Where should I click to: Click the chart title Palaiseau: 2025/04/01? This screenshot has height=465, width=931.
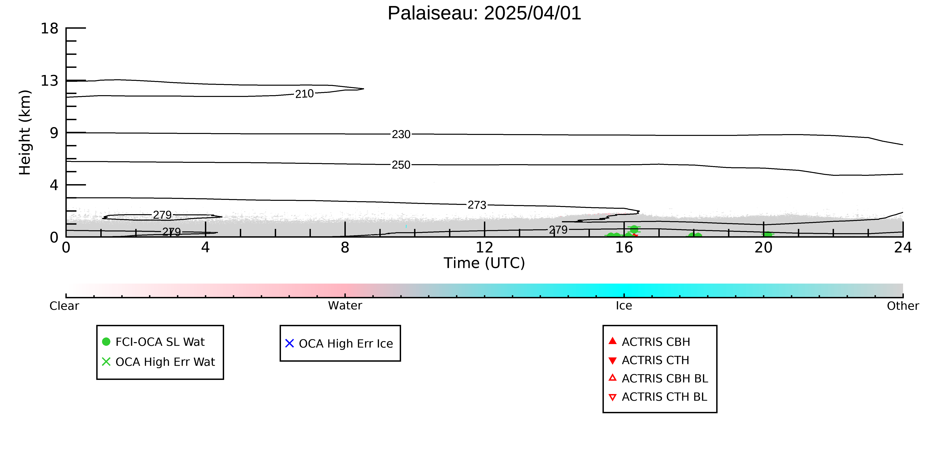[484, 13]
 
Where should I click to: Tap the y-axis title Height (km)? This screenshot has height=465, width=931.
[25, 133]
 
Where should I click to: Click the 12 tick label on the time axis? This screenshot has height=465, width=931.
[484, 248]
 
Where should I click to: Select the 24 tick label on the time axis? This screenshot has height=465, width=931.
[903, 248]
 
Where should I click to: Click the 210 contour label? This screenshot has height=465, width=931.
[304, 94]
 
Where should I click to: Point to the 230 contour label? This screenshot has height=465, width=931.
[401, 134]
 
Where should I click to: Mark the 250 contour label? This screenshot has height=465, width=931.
[401, 165]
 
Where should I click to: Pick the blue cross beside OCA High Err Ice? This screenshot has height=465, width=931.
[290, 343]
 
